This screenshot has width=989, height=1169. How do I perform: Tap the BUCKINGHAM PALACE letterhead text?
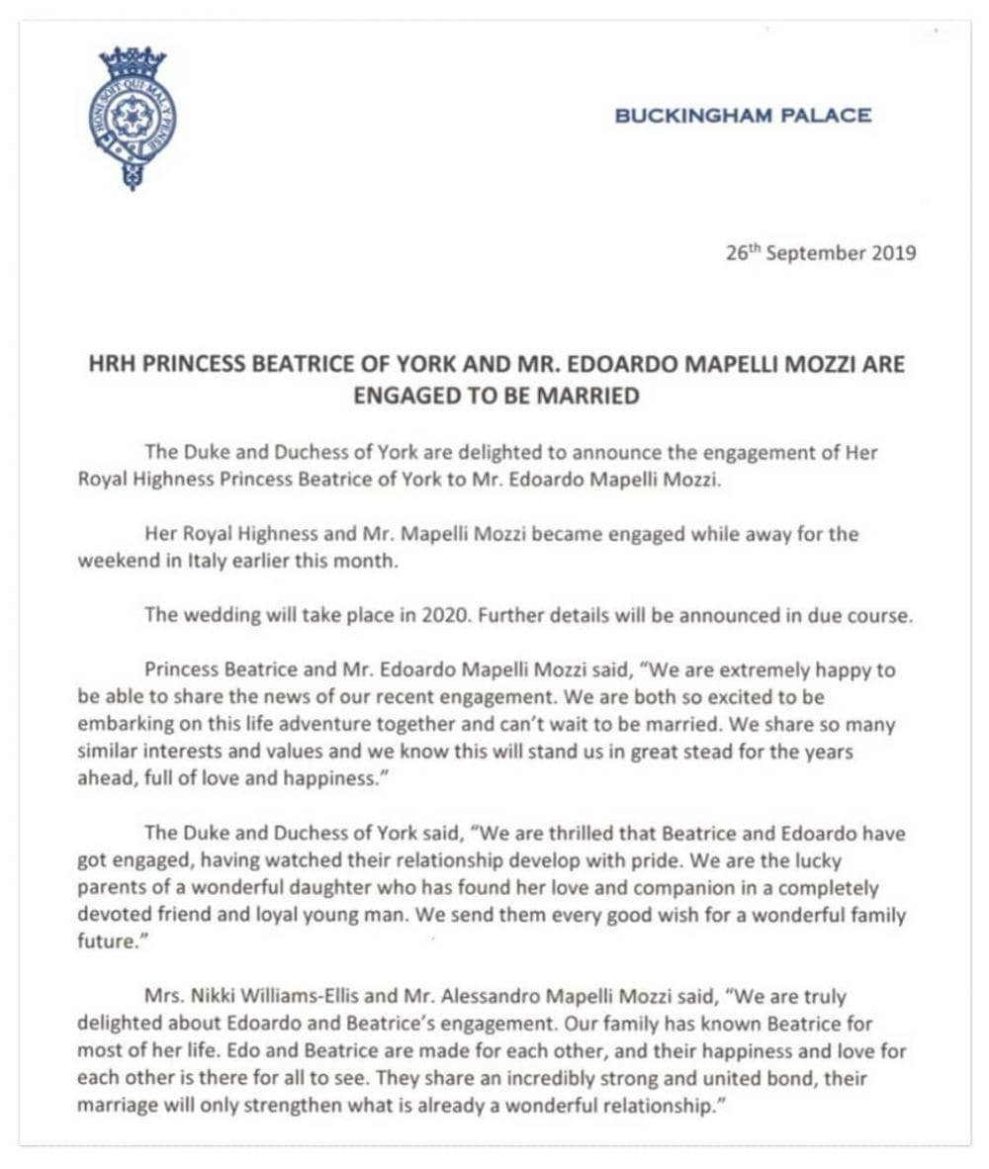743,116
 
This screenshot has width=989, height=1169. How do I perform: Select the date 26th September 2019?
820,252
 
